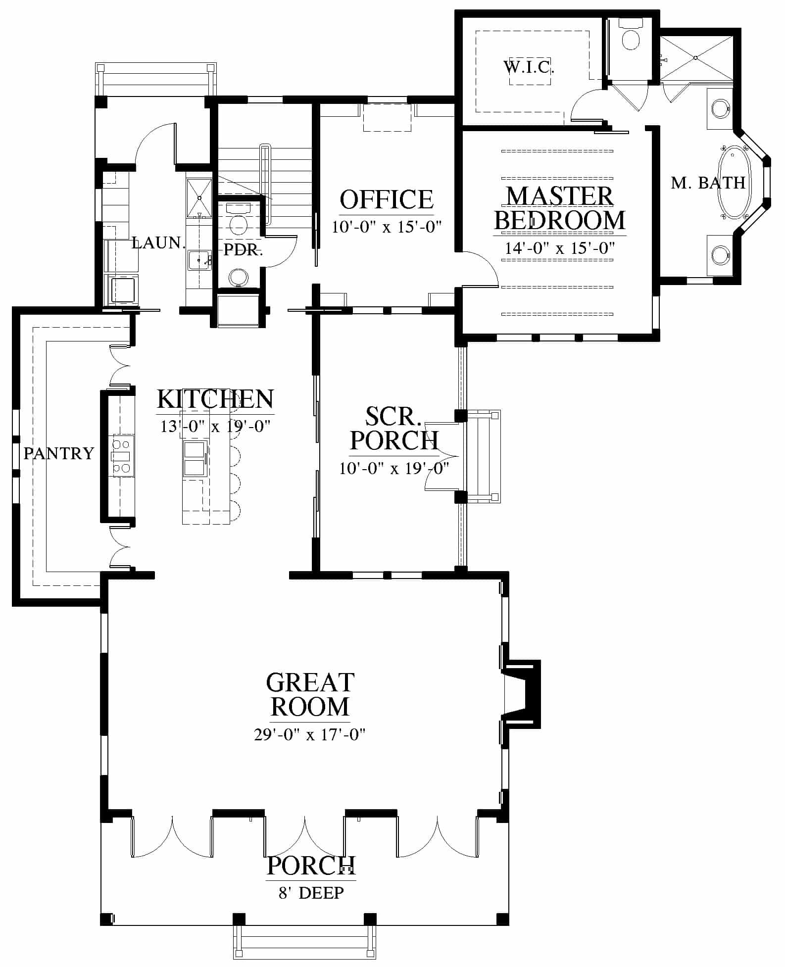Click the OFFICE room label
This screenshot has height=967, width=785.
pyautogui.click(x=387, y=199)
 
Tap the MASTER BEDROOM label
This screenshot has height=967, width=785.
pyautogui.click(x=560, y=208)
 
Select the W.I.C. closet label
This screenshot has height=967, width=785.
pyautogui.click(x=529, y=67)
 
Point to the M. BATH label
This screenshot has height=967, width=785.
pyautogui.click(x=708, y=183)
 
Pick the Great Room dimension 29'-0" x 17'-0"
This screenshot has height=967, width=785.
pyautogui.click(x=310, y=734)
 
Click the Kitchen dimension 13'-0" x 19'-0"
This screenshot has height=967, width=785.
pyautogui.click(x=215, y=426)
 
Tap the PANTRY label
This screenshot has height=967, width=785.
pyautogui.click(x=59, y=453)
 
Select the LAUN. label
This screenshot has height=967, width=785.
pyautogui.click(x=158, y=242)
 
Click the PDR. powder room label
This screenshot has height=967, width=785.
pyautogui.click(x=243, y=250)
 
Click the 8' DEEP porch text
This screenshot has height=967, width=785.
pyautogui.click(x=311, y=893)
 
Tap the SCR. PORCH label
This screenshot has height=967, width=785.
pyautogui.click(x=394, y=429)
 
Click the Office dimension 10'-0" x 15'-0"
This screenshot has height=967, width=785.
pyautogui.click(x=387, y=227)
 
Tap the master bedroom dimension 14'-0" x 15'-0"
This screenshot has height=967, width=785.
pyautogui.click(x=560, y=248)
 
